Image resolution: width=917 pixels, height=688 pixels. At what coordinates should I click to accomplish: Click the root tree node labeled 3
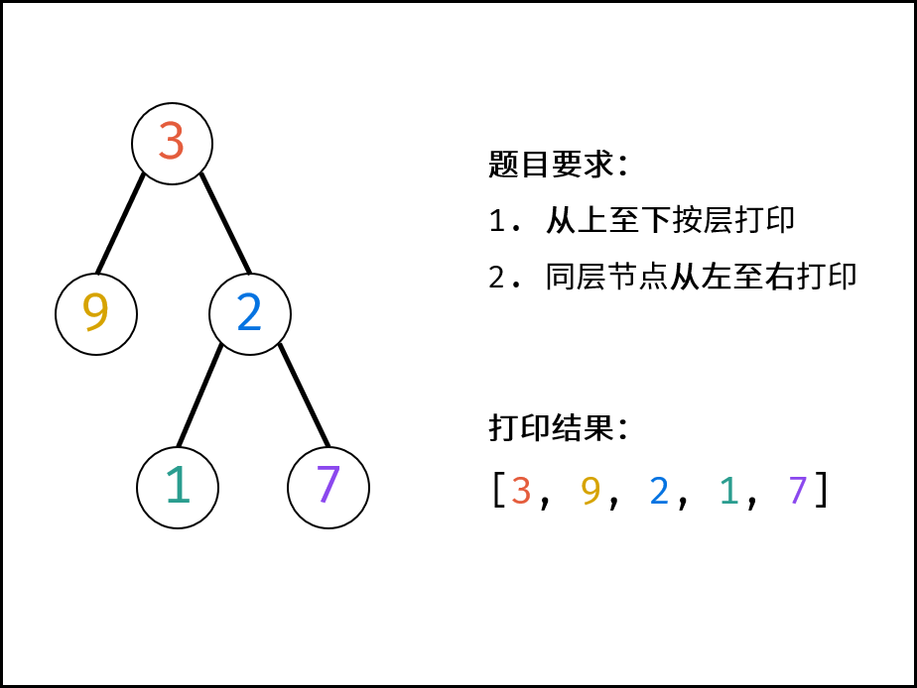point(172,144)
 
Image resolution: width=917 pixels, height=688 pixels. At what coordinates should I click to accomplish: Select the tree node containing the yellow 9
point(96,314)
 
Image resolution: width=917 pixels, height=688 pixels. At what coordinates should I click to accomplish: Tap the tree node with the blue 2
point(250,314)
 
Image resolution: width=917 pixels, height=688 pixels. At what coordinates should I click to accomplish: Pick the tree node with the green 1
point(178,488)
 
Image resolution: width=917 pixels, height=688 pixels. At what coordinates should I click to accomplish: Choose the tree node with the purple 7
point(328,488)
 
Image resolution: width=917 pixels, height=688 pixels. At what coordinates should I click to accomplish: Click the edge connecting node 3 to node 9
point(120,223)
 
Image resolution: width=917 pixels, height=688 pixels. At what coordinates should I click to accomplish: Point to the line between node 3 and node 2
point(225,223)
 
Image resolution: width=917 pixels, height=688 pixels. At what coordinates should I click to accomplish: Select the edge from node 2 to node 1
point(200,396)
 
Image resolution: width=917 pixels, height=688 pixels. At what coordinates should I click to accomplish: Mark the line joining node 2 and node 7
point(304,396)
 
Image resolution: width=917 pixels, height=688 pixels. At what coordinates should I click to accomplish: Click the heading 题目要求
point(552,165)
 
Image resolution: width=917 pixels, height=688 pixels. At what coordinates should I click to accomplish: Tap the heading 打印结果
point(552,428)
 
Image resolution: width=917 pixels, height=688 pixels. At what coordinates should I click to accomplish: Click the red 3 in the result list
point(521,490)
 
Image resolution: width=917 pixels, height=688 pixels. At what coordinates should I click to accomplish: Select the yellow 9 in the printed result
point(590,490)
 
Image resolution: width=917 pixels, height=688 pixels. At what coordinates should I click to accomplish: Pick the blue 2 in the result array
point(659,490)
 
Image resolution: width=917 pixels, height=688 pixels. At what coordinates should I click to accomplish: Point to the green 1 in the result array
point(728,490)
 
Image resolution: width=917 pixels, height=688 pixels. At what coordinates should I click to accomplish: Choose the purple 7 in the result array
point(798,490)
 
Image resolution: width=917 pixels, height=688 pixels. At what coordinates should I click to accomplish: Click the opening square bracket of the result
point(498,490)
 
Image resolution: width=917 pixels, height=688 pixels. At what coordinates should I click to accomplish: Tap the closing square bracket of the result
point(822,490)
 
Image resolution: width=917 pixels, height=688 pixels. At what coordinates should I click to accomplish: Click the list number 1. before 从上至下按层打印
point(504,221)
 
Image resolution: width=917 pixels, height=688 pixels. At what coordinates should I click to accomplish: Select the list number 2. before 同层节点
point(504,278)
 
